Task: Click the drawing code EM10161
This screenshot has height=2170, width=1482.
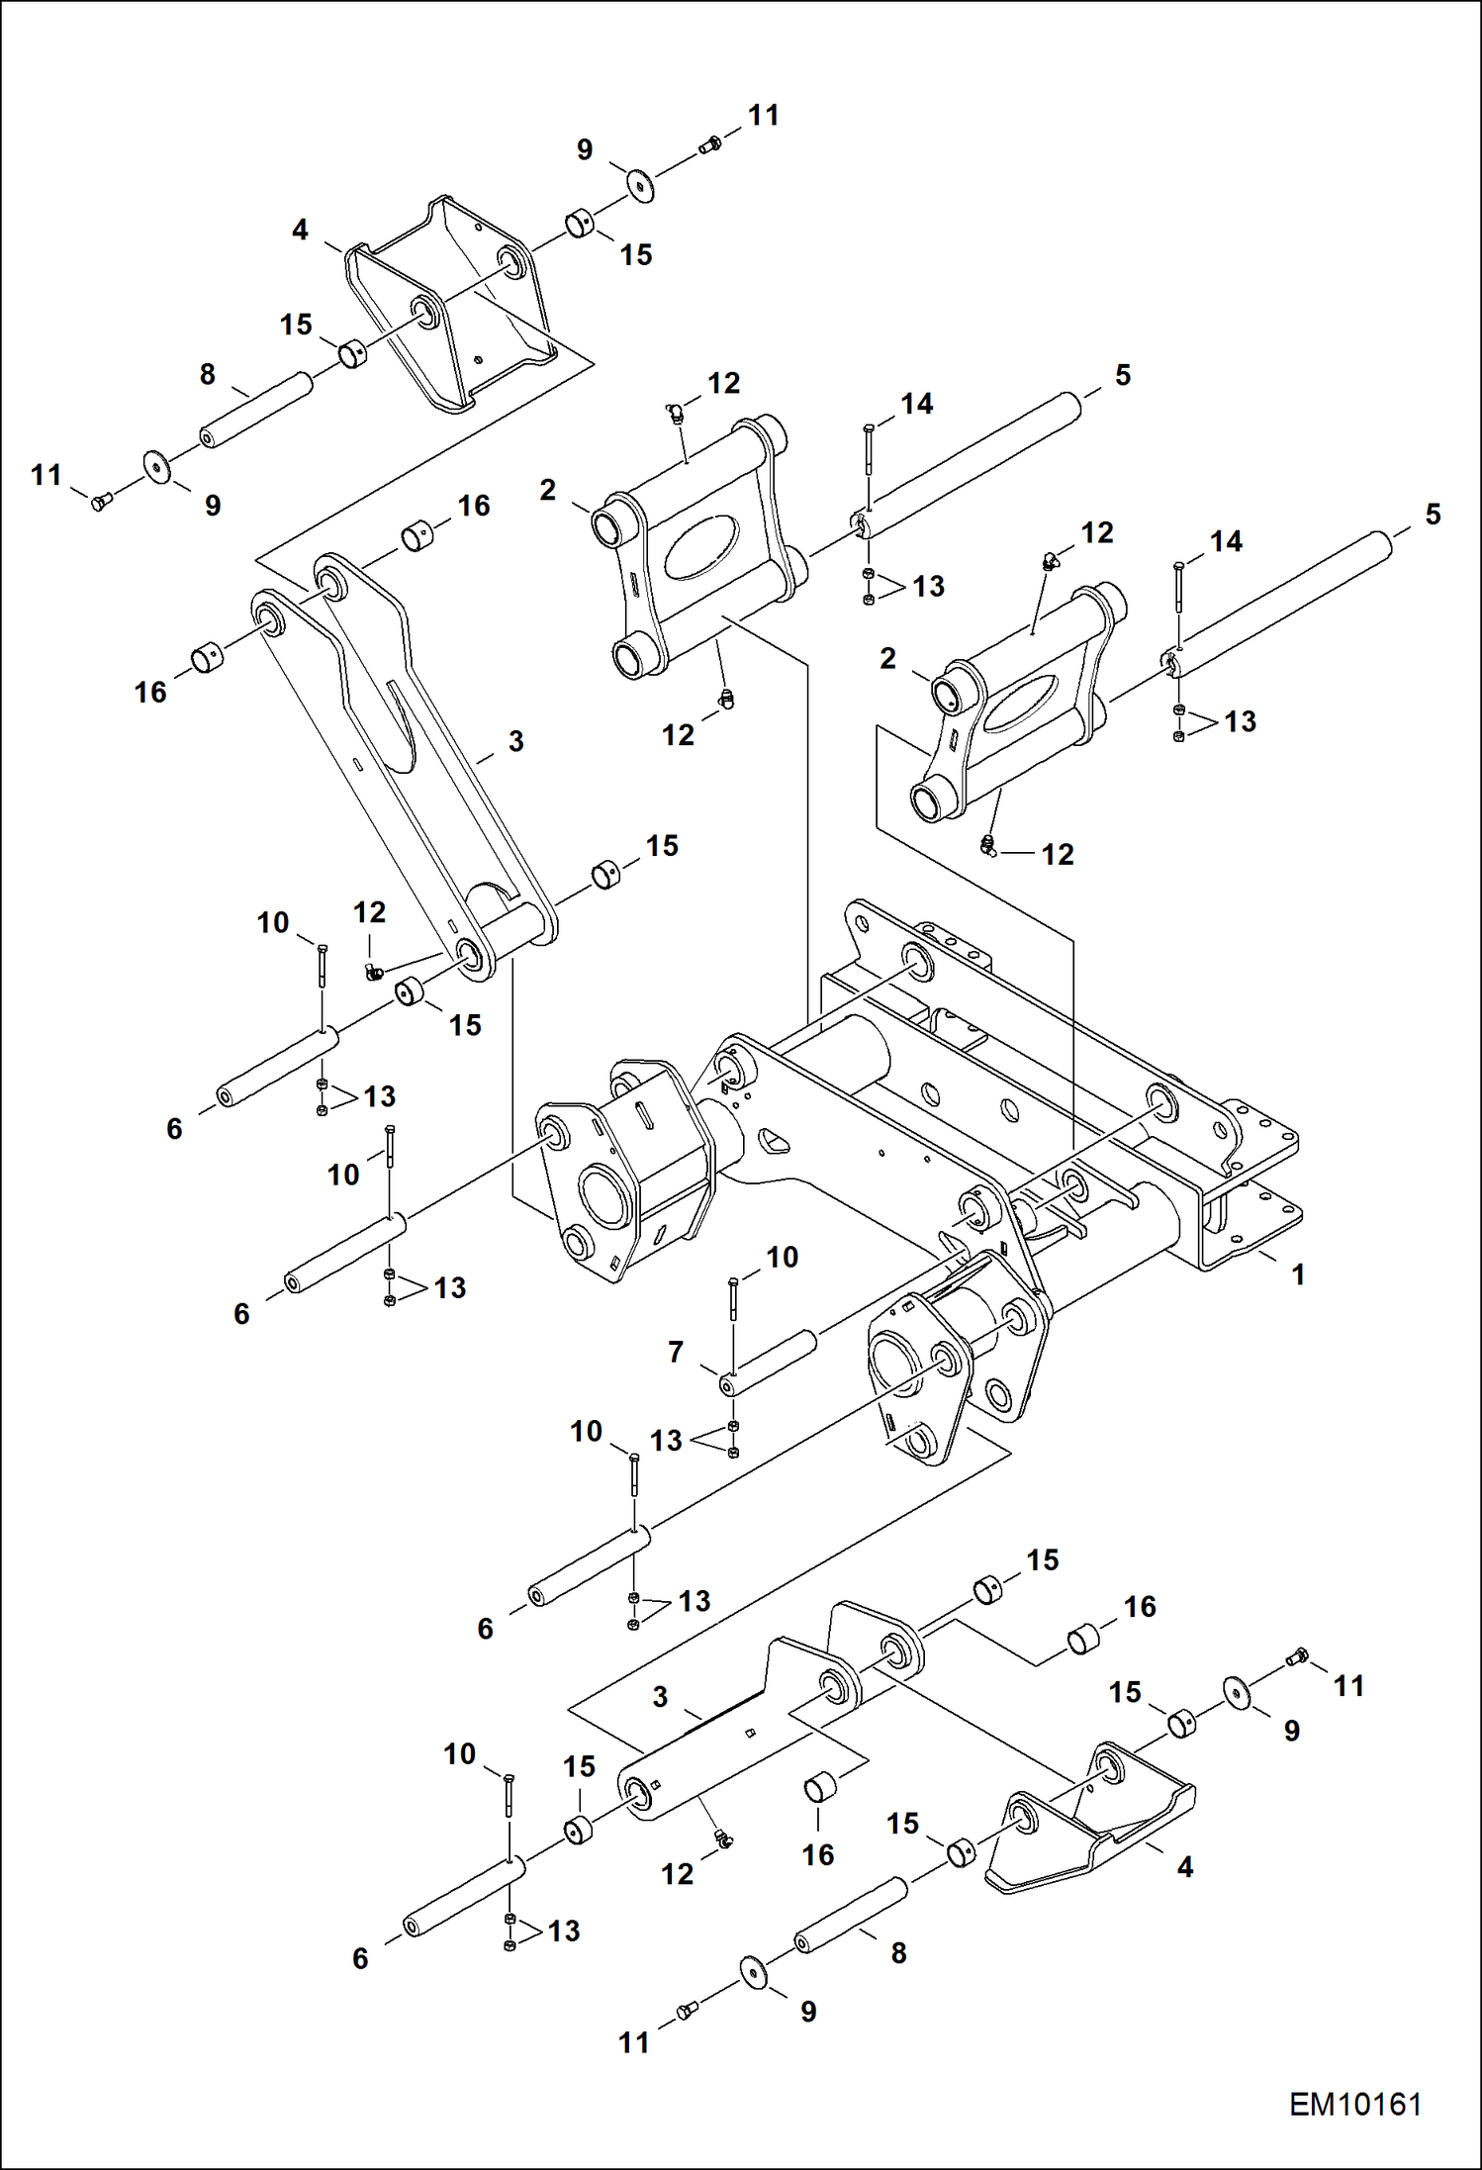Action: click(1354, 2105)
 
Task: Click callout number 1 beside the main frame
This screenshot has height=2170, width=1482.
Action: click(1298, 1274)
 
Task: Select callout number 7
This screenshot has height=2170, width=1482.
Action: click(676, 1352)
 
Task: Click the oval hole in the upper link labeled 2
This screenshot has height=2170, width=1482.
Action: click(700, 545)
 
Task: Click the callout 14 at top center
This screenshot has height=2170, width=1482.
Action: click(916, 404)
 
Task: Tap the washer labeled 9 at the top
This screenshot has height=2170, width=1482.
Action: click(641, 185)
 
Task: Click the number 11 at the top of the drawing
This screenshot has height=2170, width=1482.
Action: click(763, 116)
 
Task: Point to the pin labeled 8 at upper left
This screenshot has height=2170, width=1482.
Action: click(255, 410)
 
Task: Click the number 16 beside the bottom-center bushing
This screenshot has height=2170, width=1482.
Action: click(817, 1854)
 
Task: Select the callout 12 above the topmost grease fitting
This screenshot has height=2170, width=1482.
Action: click(723, 383)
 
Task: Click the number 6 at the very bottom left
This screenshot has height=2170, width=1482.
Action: click(360, 1958)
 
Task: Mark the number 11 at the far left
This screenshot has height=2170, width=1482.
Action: click(46, 476)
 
